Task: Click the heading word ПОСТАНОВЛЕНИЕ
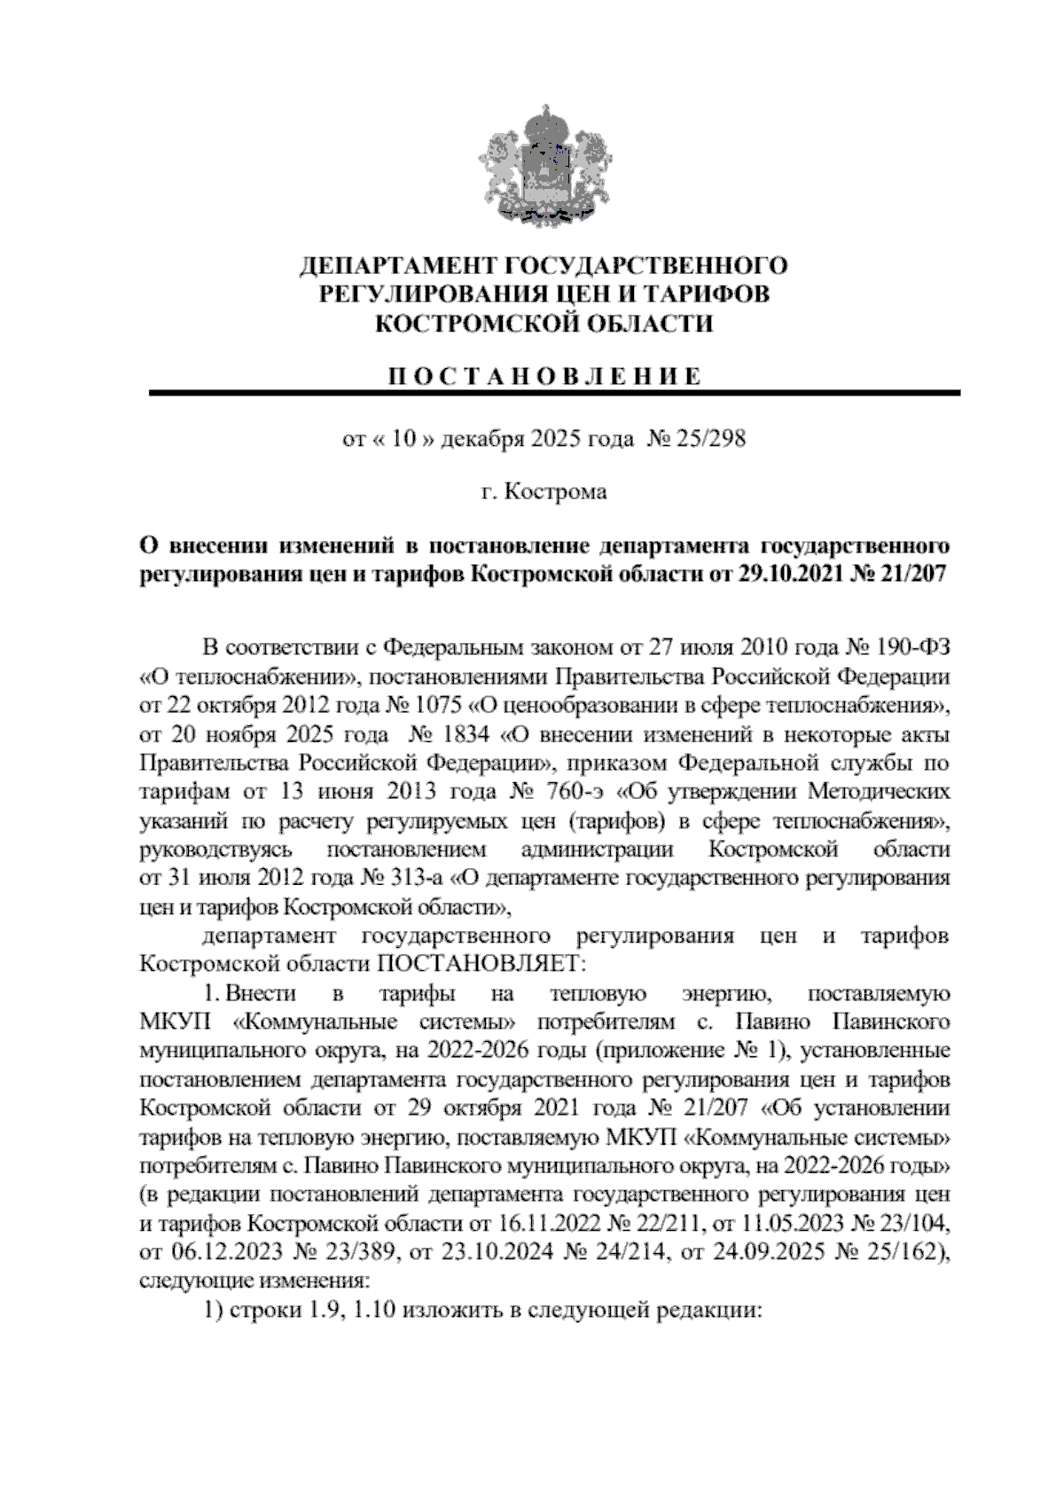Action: click(x=544, y=377)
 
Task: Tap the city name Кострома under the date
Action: click(x=555, y=490)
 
